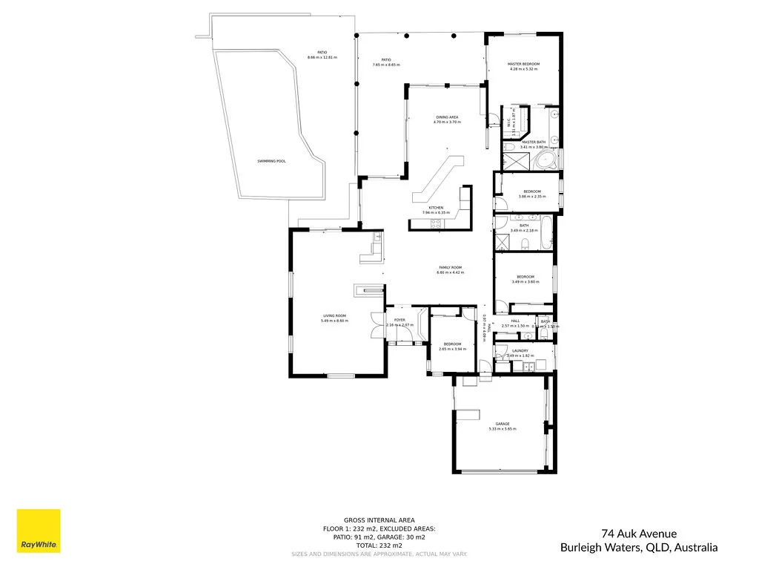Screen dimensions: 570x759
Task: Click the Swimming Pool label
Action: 271,161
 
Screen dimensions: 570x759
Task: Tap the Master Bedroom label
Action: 523,65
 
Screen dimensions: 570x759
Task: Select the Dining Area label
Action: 447,117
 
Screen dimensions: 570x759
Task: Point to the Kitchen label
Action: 436,208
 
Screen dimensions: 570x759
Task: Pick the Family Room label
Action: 450,267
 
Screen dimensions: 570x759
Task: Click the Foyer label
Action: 400,320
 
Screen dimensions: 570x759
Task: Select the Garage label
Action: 503,424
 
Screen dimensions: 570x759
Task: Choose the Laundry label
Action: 520,350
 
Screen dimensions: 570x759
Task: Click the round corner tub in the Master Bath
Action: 546,161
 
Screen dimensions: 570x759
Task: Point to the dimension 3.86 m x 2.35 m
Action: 531,197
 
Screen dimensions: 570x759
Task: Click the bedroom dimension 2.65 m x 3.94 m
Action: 452,349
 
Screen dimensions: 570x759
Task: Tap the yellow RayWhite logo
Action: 39,531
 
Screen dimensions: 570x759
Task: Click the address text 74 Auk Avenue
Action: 638,533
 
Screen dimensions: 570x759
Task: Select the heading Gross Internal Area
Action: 379,520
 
